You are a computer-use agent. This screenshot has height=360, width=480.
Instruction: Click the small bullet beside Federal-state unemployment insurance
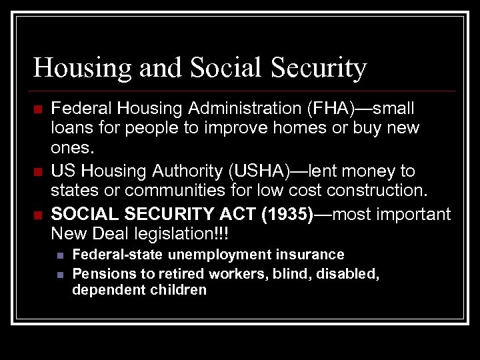tap(60, 255)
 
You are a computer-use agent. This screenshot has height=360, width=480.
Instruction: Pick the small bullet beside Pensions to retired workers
tap(60, 273)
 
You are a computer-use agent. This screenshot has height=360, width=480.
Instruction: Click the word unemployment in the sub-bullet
tap(211, 254)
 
